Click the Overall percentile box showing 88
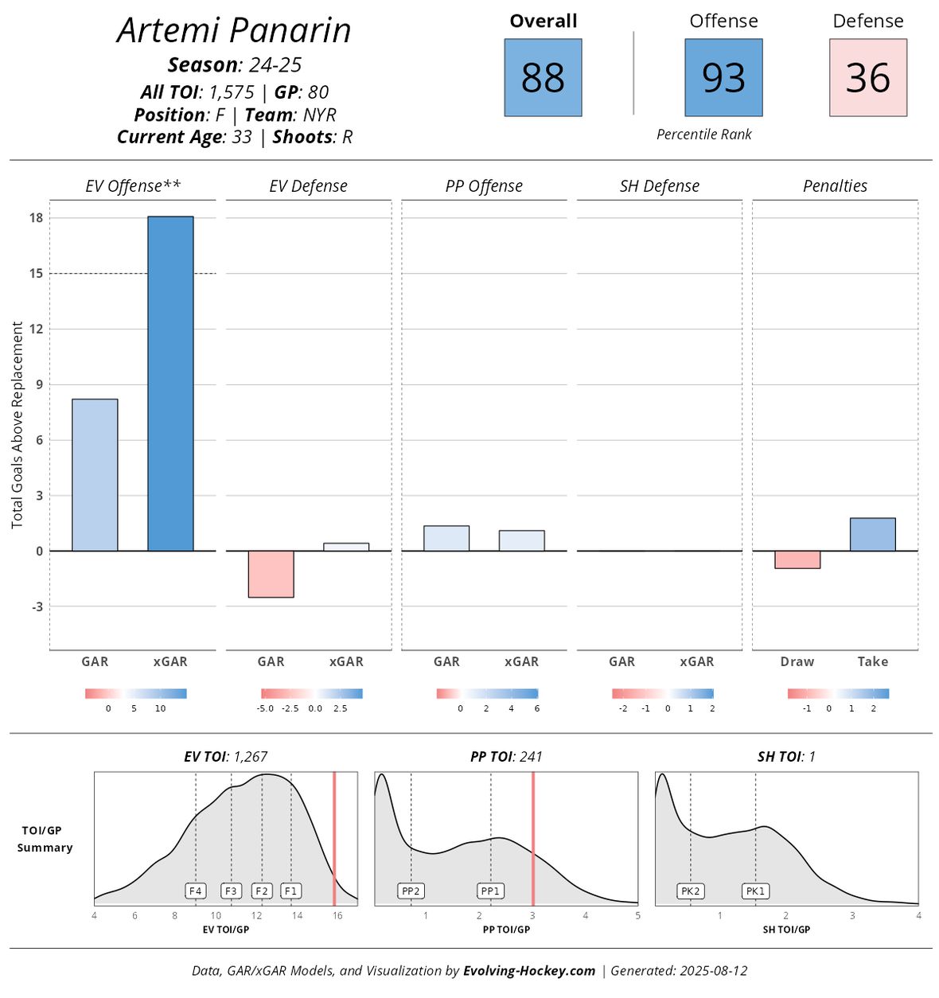543,78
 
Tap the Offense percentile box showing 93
723,78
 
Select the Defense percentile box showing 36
867,78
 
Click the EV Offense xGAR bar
170,384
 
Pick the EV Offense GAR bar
95,474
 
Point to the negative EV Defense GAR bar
271,574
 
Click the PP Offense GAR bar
446,538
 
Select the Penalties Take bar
872,534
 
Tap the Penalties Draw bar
797,559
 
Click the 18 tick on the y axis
36,218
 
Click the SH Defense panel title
659,186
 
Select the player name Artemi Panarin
234,30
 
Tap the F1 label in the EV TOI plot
290,891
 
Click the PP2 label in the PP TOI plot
411,891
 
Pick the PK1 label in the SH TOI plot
755,891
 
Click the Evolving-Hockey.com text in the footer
529,970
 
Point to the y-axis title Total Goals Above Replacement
18,425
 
